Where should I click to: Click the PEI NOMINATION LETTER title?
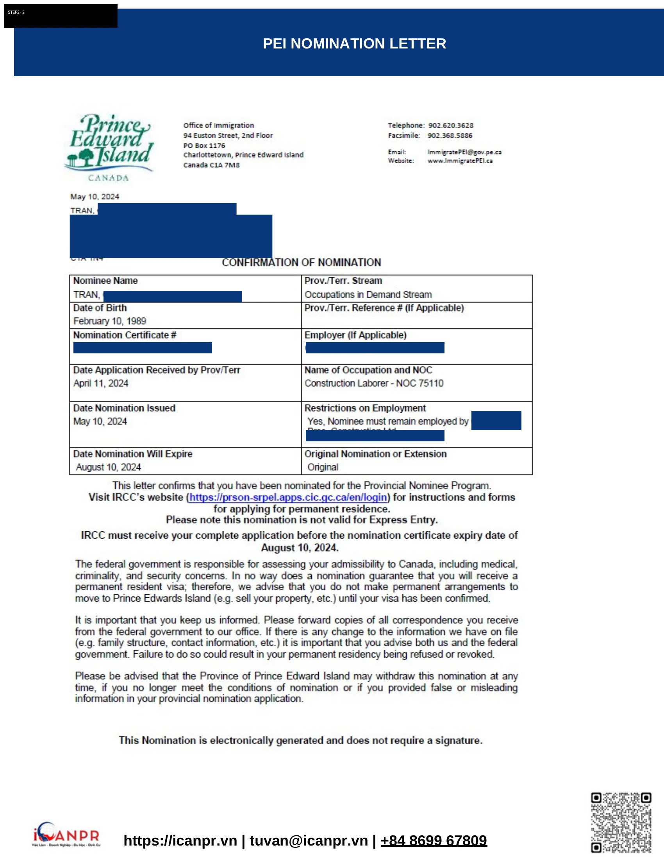(354, 43)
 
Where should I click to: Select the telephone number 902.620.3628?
(450, 125)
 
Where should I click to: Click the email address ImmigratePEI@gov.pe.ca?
(464, 152)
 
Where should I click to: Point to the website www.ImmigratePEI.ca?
(460, 161)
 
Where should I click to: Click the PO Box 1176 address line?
(204, 145)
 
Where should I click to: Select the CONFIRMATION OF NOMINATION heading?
(301, 262)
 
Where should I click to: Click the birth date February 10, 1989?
(110, 321)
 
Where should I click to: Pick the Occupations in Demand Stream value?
(368, 294)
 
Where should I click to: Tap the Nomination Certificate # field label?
(125, 335)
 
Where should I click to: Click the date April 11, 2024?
(101, 383)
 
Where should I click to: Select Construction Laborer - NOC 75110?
(374, 383)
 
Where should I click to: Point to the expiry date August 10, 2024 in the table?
(108, 467)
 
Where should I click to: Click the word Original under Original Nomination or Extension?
(323, 467)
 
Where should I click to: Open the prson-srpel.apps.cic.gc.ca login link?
(288, 497)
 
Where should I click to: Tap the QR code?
(621, 822)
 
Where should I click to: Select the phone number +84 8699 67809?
(434, 841)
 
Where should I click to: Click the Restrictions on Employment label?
(365, 408)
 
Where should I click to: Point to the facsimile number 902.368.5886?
(450, 136)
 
